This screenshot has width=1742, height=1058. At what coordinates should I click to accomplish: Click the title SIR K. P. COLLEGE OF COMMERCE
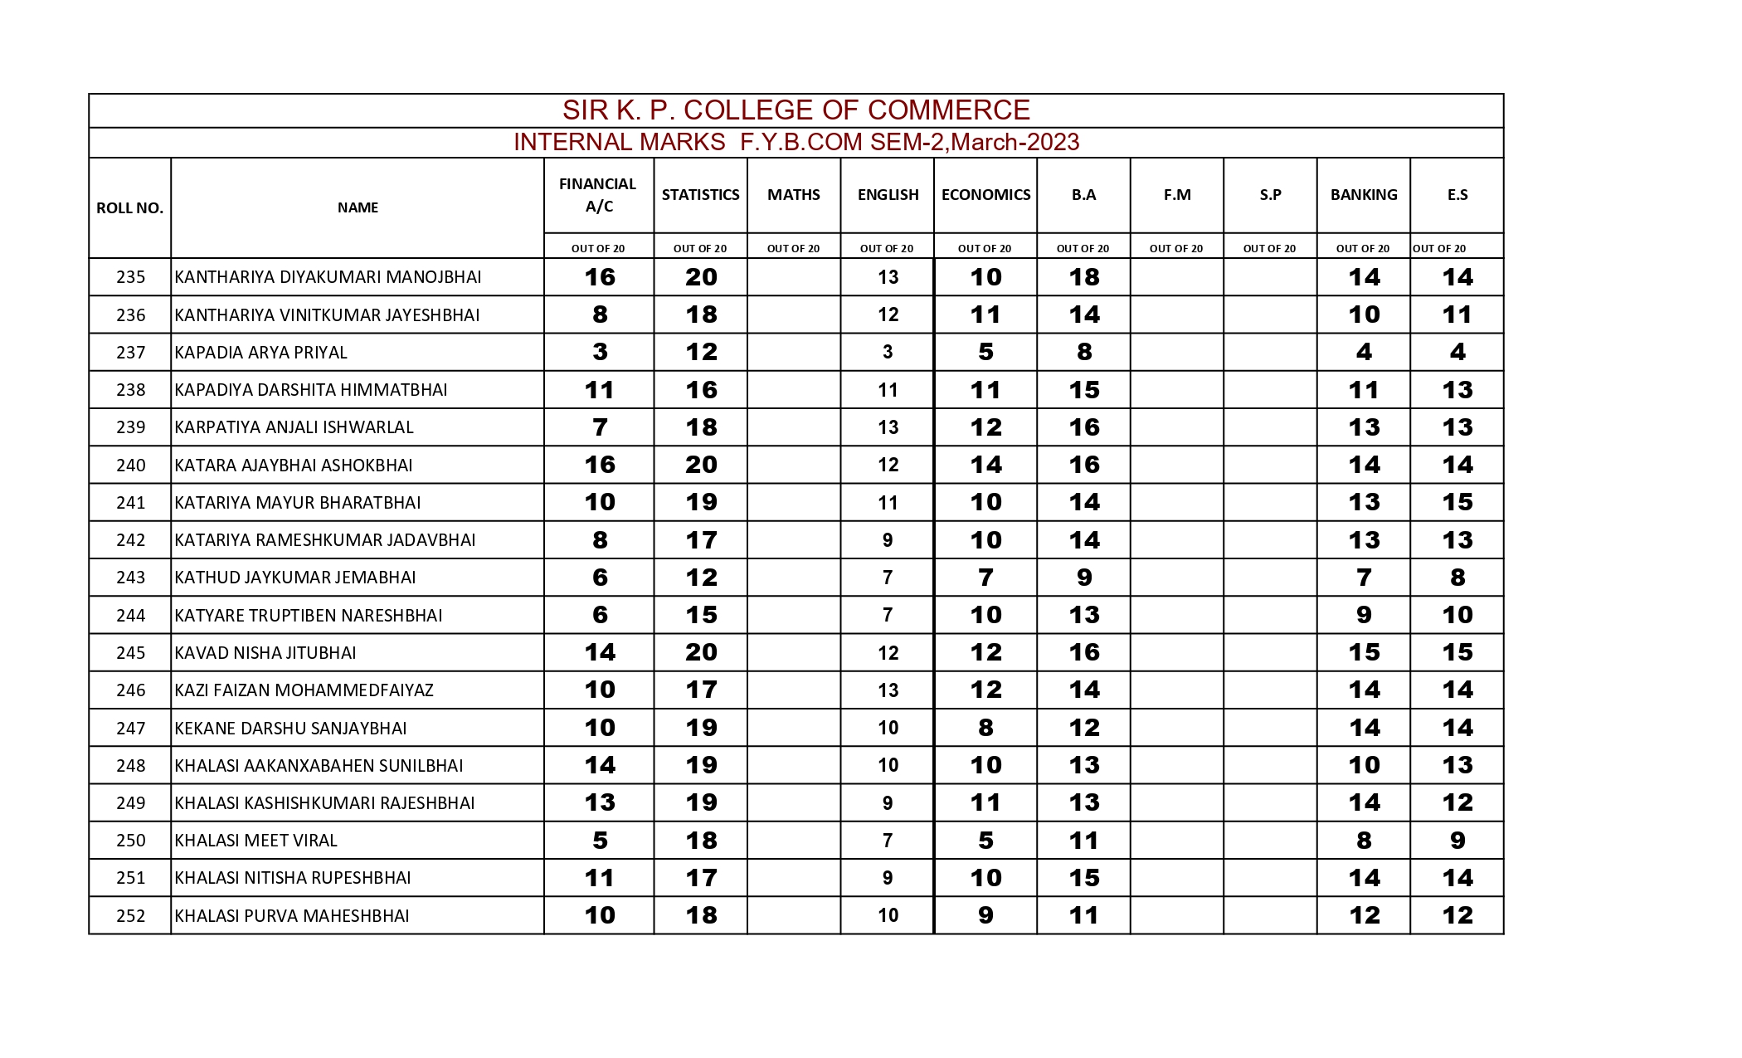pos(796,110)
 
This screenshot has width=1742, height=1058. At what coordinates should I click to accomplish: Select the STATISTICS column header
pos(700,195)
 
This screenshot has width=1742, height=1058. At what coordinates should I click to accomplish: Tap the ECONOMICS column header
pos(985,195)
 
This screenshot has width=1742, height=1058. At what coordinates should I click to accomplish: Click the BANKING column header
pos(1363,195)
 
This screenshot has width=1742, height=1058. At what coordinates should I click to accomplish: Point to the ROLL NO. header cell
pos(129,208)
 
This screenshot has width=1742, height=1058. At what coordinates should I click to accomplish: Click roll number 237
pos(130,353)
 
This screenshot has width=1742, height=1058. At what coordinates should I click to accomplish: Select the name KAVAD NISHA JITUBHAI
pos(265,653)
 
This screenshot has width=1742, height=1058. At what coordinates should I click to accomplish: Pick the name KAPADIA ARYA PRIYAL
pos(260,353)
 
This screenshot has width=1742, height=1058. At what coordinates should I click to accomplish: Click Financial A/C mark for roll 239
pos(600,427)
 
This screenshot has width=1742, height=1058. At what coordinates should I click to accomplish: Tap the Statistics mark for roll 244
pos(701,615)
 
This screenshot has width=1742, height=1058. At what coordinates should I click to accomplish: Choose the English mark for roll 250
pos(888,841)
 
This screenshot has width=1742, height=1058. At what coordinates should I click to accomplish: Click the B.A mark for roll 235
pos(1083,277)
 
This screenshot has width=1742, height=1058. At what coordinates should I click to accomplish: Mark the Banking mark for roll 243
pos(1364,578)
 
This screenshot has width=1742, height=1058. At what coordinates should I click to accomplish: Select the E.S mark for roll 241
pos(1457,502)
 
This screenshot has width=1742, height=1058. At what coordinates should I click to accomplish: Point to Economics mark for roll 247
pos(985,728)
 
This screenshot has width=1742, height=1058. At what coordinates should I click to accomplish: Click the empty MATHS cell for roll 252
pos(793,915)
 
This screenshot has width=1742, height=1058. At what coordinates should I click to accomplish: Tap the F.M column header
pos(1176,195)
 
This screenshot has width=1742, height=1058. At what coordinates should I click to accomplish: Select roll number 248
pos(130,765)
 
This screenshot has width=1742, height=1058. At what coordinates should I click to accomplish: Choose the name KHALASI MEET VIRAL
pos(255,841)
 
